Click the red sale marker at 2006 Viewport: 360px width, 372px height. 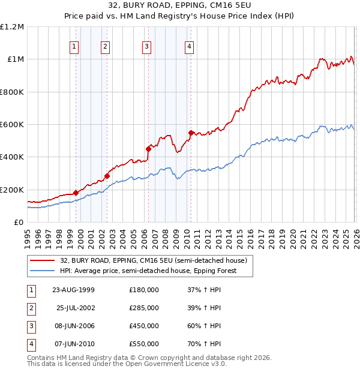point(148,149)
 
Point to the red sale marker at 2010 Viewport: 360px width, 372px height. point(191,133)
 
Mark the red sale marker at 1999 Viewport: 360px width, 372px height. point(76,193)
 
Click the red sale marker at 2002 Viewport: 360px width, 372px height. point(107,176)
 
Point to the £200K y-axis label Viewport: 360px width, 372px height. point(12,190)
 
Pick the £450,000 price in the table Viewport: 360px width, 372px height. point(144,326)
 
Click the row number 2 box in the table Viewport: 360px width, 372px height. point(31,308)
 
